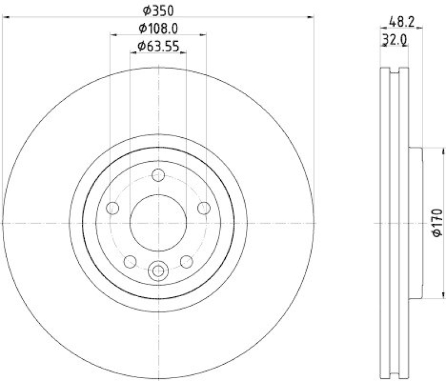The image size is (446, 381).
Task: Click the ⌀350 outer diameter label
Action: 158,9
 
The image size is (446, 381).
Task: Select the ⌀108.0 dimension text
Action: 158,28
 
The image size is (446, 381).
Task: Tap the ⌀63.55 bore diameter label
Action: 158,47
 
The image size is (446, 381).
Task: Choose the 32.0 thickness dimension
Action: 394,40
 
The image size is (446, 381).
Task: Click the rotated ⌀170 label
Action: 437,223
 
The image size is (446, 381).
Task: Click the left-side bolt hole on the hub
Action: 113,209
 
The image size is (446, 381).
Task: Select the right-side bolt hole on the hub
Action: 204,208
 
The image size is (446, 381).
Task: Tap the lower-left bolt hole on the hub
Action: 130,261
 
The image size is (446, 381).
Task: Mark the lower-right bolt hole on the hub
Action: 187,261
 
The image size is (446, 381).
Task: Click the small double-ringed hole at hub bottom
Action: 158,271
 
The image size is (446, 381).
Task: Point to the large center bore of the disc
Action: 158,223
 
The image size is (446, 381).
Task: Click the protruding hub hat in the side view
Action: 416,223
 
